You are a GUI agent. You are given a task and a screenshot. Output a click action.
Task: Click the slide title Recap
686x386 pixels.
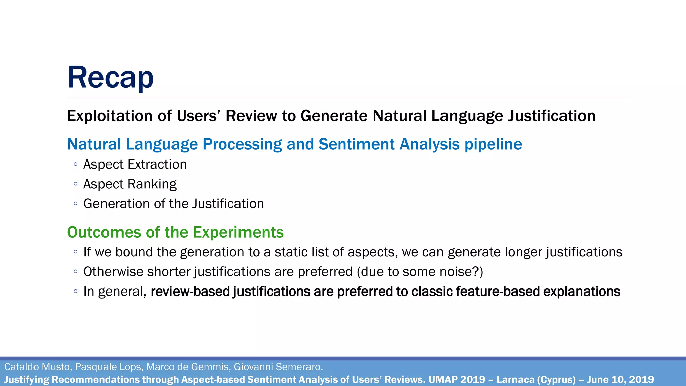click(x=111, y=78)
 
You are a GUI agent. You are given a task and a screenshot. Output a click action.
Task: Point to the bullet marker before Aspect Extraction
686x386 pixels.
click(x=76, y=165)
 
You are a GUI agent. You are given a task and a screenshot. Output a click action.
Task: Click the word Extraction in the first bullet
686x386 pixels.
click(x=157, y=165)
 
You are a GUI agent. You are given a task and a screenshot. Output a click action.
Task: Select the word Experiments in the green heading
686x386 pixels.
click(x=238, y=232)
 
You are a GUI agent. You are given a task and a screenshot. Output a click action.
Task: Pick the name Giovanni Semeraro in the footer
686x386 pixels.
click(x=278, y=367)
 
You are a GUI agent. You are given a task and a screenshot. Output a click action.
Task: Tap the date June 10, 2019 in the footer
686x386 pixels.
click(x=620, y=380)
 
